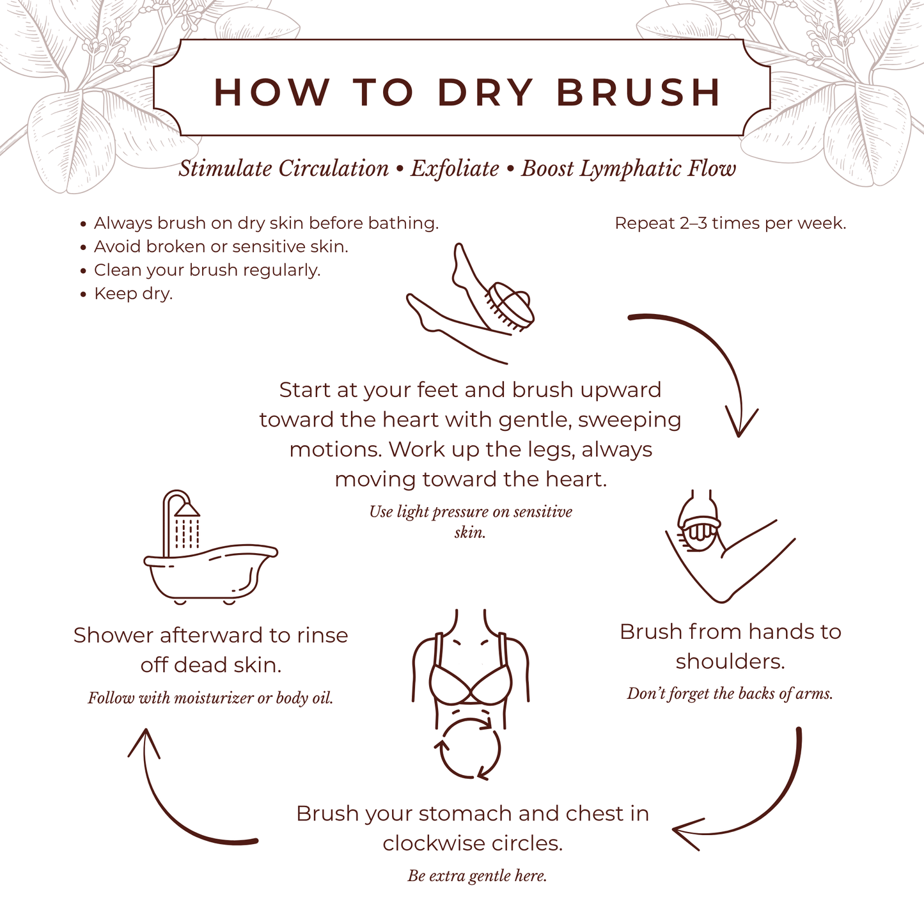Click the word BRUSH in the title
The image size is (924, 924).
pos(639,92)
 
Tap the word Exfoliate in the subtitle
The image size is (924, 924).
pos(455,169)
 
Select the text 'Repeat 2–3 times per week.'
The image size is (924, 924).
pos(730,223)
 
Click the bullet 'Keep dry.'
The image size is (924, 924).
pos(133,294)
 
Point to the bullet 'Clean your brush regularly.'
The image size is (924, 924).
pos(207,270)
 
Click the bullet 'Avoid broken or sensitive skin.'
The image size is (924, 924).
pos(221,247)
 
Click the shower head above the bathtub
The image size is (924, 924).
pos(187,508)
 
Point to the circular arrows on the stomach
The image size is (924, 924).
pos(470,748)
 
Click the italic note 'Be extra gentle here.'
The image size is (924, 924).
pos(477,876)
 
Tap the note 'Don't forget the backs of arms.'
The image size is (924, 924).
pos(730,694)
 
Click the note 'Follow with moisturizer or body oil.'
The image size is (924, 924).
pos(210,698)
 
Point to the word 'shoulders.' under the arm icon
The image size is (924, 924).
pos(730,661)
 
